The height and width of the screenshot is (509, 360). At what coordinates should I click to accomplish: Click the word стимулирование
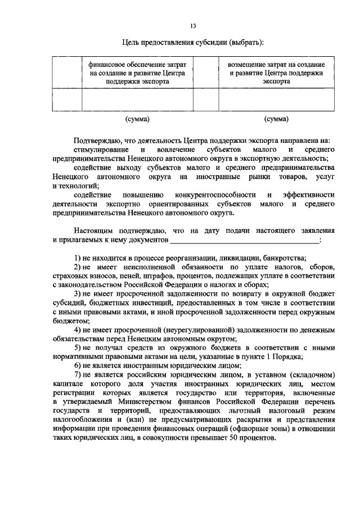[x=99, y=150]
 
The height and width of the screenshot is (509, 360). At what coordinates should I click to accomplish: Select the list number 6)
[x=78, y=366]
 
